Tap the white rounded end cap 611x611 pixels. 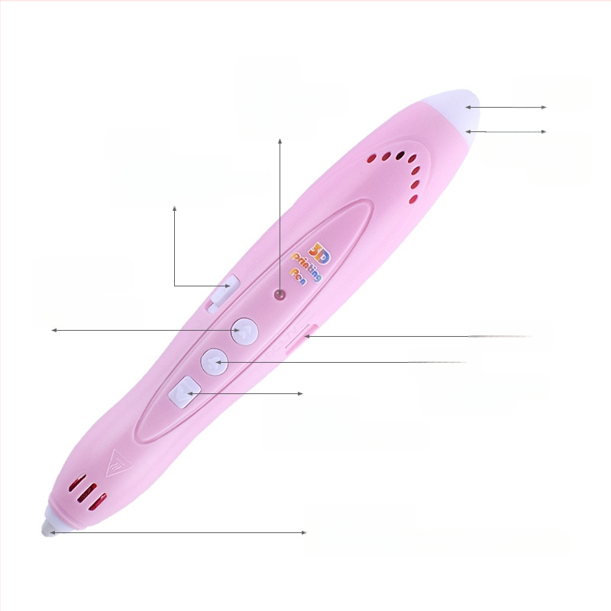(x=457, y=111)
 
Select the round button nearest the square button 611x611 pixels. (x=214, y=361)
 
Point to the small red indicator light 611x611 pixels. (x=280, y=295)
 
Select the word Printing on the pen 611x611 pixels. (x=307, y=267)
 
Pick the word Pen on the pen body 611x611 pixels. (x=299, y=276)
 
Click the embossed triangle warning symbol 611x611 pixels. (x=118, y=464)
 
